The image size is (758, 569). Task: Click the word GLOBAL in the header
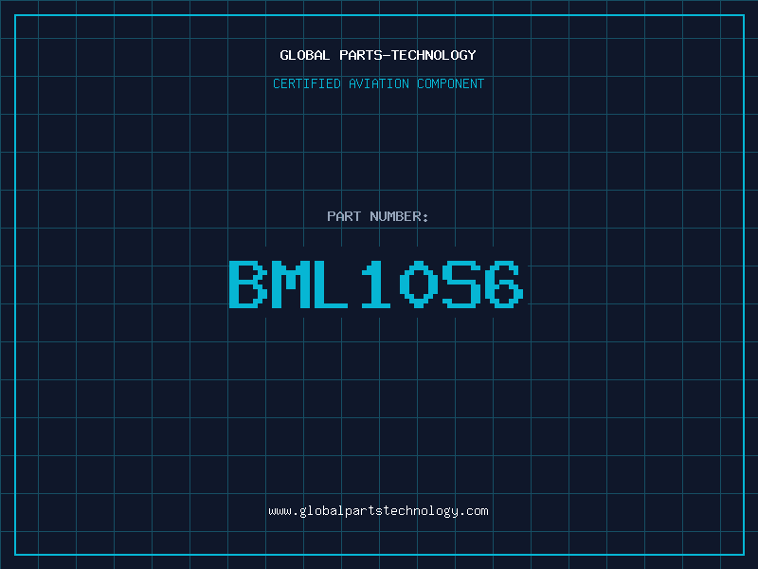coord(304,55)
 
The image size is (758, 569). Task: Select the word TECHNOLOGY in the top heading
coord(434,55)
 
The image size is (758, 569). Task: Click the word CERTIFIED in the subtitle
coord(307,83)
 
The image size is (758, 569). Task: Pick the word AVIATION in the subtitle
coord(379,83)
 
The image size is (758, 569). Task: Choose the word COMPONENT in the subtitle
coord(451,83)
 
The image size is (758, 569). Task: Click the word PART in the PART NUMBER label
coord(344,216)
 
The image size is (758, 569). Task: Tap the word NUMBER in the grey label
coord(395,216)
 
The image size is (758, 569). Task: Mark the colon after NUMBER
coord(425,218)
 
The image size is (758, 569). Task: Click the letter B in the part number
coord(248,284)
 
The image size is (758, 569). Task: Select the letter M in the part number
coord(291,284)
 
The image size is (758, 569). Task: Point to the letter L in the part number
coord(331,284)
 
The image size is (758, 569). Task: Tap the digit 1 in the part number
coord(375,284)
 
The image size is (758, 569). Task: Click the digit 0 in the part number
coord(419,284)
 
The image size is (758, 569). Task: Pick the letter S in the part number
coord(461,284)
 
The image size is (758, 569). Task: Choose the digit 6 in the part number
coord(504,284)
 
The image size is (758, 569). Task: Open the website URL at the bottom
coord(378,511)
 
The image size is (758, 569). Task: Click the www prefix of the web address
coord(280,512)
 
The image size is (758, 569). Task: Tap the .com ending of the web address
coord(476,512)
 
